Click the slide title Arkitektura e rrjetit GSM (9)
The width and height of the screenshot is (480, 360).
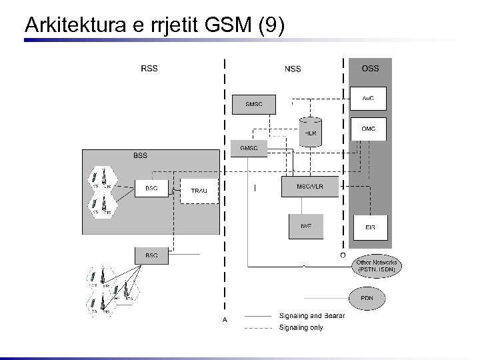tap(154, 25)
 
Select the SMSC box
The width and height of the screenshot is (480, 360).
tap(253, 104)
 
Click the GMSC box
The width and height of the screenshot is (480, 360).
tap(249, 148)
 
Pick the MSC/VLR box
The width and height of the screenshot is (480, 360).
tap(310, 187)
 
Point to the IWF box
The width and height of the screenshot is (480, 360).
tap(306, 226)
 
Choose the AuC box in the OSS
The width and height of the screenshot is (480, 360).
tap(368, 98)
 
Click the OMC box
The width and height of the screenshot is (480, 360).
tap(368, 129)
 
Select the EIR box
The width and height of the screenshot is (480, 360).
tap(370, 227)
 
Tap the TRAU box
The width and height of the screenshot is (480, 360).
tap(199, 191)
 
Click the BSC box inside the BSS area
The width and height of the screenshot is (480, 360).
tap(151, 189)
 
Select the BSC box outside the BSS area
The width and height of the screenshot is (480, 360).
tap(151, 255)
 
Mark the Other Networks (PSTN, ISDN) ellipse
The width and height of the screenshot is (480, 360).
tap(378, 266)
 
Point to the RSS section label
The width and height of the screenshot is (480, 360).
tap(149, 68)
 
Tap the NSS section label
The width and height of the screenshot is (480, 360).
tap(292, 69)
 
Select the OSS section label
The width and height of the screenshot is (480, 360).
tap(370, 68)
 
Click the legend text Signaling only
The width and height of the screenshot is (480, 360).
tap(301, 327)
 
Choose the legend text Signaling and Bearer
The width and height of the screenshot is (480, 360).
tap(311, 315)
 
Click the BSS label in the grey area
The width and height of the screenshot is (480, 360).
tap(140, 155)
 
